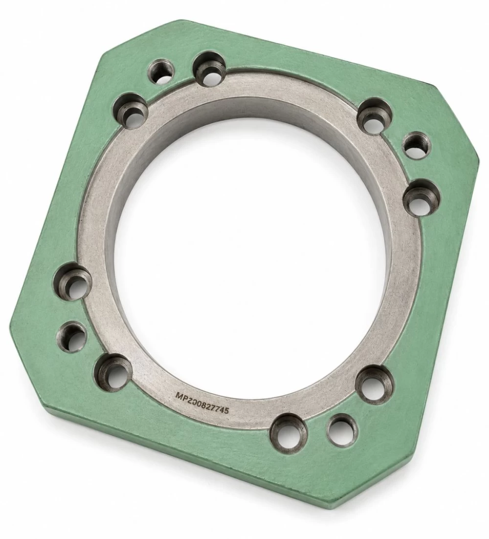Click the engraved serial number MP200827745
[x=203, y=404]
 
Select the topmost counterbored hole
[x=209, y=68]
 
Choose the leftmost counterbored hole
[x=73, y=280]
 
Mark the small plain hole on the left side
[x=71, y=336]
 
